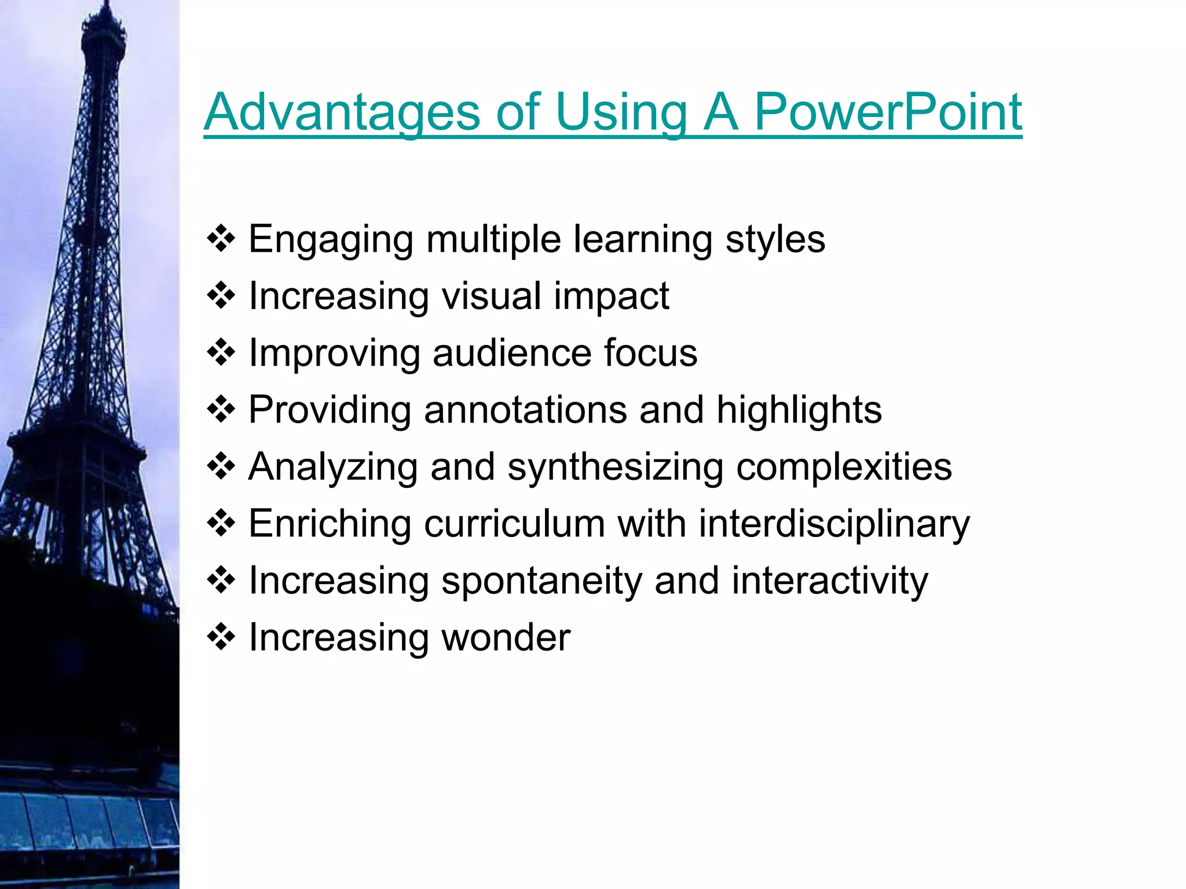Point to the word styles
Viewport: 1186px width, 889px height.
tap(775, 239)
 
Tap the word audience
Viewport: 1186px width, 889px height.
tap(511, 352)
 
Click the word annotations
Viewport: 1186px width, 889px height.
tap(525, 410)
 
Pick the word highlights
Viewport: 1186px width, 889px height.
tap(799, 410)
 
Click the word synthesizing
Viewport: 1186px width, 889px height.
tap(615, 466)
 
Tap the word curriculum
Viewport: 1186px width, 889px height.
tap(514, 523)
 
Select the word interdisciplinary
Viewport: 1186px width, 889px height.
tap(834, 523)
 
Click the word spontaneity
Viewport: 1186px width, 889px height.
tap(541, 581)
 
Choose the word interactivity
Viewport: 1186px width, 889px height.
tap(829, 581)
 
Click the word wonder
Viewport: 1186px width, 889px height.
tap(506, 637)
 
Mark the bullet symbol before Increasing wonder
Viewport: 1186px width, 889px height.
tap(221, 637)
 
